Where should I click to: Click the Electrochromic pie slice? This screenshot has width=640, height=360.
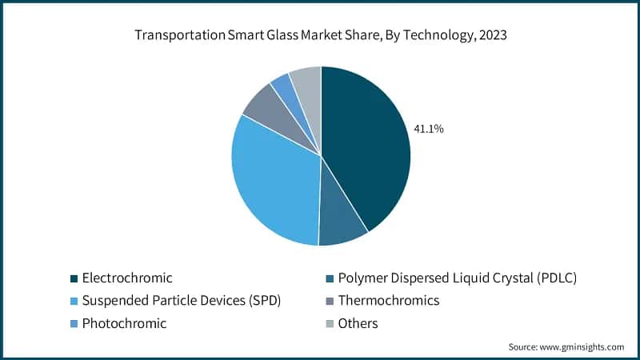pos(368,144)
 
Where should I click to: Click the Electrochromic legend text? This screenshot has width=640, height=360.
pos(127,278)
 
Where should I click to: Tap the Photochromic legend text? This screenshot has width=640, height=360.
pos(124,323)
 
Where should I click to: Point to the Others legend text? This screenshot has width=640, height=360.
pos(358,323)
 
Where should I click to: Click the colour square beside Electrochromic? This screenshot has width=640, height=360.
pos(74,278)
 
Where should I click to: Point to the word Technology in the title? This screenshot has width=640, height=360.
pos(414,36)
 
